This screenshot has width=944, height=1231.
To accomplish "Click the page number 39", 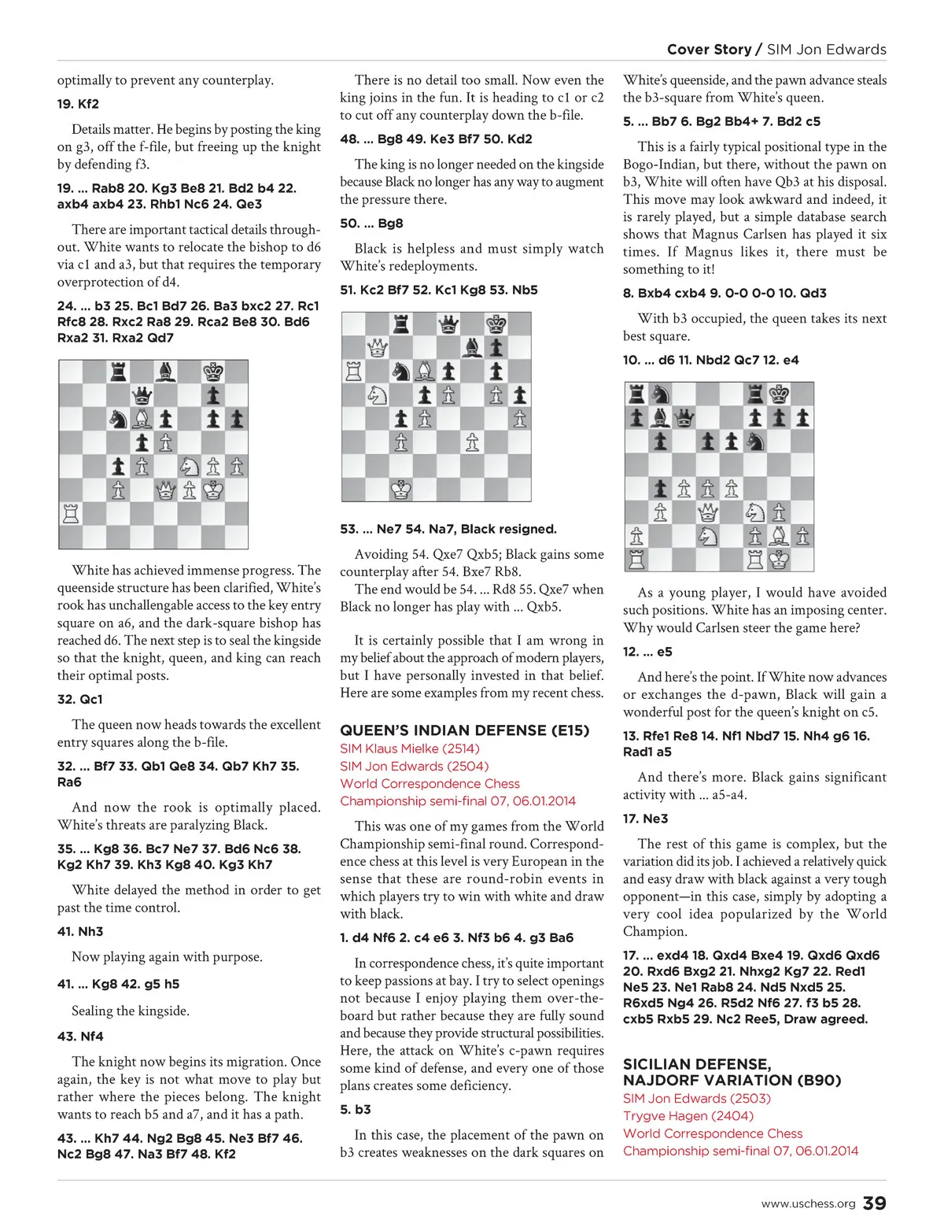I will [874, 1203].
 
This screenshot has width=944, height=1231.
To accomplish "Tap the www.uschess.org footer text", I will [808, 1203].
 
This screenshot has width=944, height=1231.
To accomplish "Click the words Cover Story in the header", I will [709, 50].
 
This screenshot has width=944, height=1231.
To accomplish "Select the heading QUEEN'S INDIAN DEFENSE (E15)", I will [464, 730].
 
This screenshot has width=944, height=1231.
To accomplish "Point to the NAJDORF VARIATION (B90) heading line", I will [732, 1080].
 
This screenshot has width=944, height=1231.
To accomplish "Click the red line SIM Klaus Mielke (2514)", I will [409, 749].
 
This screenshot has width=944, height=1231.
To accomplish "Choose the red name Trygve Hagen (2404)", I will [688, 1115].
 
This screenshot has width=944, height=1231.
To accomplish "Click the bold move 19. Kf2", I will [78, 104].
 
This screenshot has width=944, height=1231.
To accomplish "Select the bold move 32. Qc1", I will [79, 699].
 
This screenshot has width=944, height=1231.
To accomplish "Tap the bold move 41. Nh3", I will [80, 931].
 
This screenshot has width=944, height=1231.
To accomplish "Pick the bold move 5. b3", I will [356, 1109].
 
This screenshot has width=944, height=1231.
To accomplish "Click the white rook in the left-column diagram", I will [71, 514].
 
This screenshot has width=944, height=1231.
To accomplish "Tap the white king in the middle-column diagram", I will [401, 490].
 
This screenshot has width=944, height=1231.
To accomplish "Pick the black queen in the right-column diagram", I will [684, 418].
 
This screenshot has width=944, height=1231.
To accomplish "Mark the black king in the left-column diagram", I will [213, 372].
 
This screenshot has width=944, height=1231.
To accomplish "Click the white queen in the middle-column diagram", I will [378, 347].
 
